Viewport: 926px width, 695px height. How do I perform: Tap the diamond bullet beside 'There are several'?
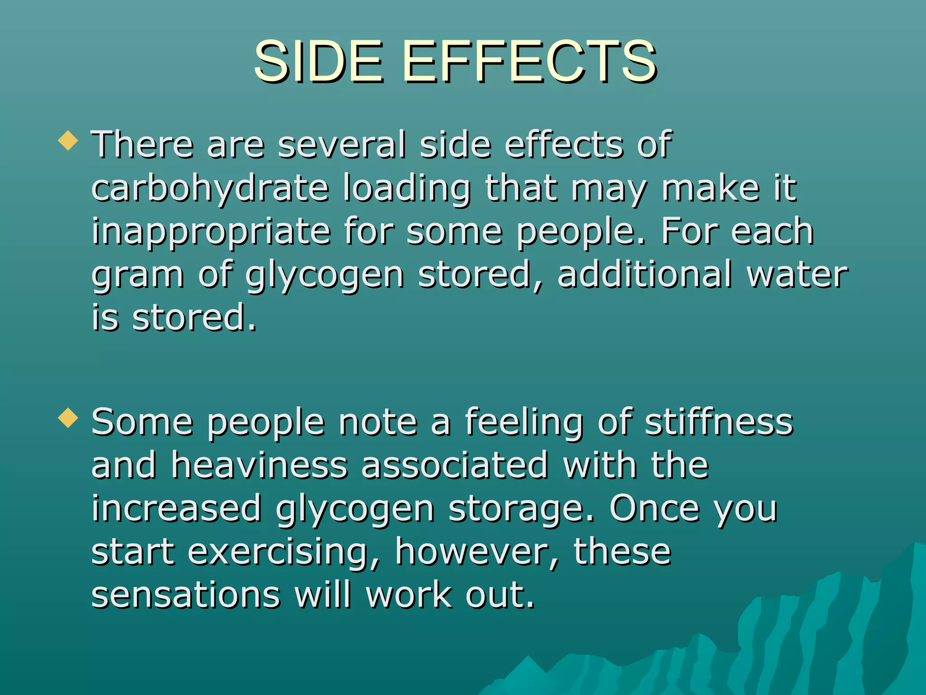68,140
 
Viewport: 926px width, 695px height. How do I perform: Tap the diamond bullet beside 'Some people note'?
68,418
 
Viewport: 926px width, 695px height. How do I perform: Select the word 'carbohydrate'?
210,189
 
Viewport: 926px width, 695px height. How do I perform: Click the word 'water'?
797,275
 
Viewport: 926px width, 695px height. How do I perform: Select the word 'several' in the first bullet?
341,145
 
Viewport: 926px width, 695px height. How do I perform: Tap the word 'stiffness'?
719,422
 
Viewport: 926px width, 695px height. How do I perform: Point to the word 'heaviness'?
259,465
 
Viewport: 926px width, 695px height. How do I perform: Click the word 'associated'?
454,465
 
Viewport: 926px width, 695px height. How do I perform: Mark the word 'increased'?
176,509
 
